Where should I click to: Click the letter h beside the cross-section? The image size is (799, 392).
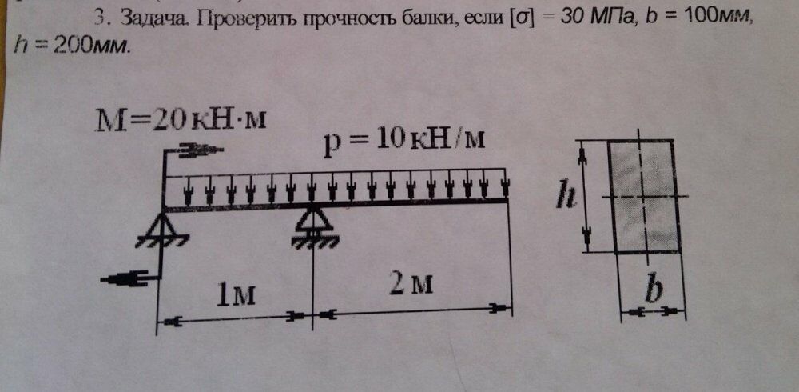[x=566, y=194]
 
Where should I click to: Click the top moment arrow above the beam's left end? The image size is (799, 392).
[x=197, y=149]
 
